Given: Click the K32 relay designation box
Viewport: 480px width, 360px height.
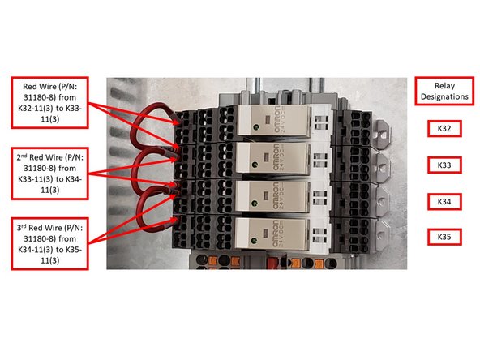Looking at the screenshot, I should click(x=444, y=128).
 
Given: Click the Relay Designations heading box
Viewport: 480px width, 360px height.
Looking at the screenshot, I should click(x=444, y=89).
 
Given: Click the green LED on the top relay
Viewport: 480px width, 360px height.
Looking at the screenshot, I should click(x=256, y=127).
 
